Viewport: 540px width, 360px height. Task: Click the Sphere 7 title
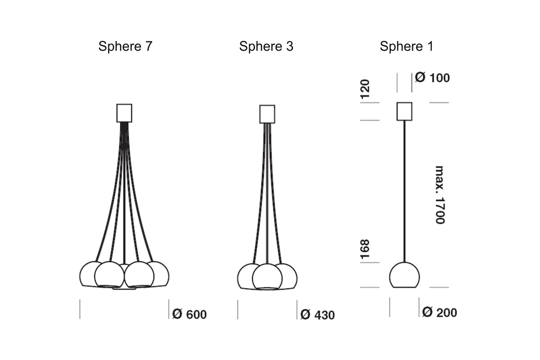126,46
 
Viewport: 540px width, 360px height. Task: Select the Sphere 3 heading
266,46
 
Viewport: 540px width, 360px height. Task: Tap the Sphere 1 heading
406,46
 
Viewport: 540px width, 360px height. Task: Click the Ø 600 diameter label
189,314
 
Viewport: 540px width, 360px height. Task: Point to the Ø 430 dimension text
318,315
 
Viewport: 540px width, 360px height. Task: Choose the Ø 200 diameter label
440,312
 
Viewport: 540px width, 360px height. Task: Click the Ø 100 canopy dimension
432,77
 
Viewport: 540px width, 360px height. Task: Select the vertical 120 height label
365,89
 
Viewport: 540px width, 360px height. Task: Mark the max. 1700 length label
440,195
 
